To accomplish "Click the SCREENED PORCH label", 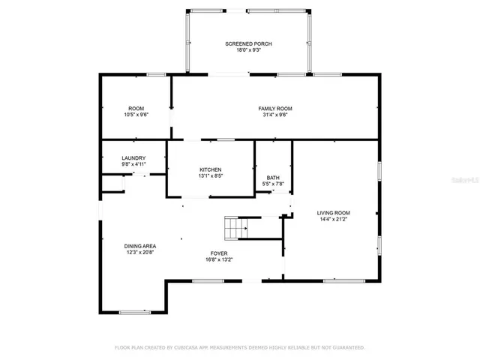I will [x=248, y=44].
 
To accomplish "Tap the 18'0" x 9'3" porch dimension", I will [x=248, y=51].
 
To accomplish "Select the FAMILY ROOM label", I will [x=275, y=109].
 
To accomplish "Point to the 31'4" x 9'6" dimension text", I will [x=275, y=115].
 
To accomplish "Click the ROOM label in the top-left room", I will [x=136, y=109].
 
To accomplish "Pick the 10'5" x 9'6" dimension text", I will [x=136, y=115].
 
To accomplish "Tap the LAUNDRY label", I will [x=133, y=157].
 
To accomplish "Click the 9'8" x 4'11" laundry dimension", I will [x=133, y=164].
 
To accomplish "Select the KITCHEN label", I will [x=211, y=169].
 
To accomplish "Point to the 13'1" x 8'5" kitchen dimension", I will [x=211, y=176].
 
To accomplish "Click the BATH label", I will [x=273, y=177].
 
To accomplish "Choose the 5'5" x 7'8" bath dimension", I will [x=273, y=184].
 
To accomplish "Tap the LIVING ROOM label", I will [x=334, y=213].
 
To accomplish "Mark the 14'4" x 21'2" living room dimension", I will [x=334, y=220].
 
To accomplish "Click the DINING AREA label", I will [x=139, y=246].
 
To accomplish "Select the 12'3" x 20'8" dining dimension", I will [x=139, y=253].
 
